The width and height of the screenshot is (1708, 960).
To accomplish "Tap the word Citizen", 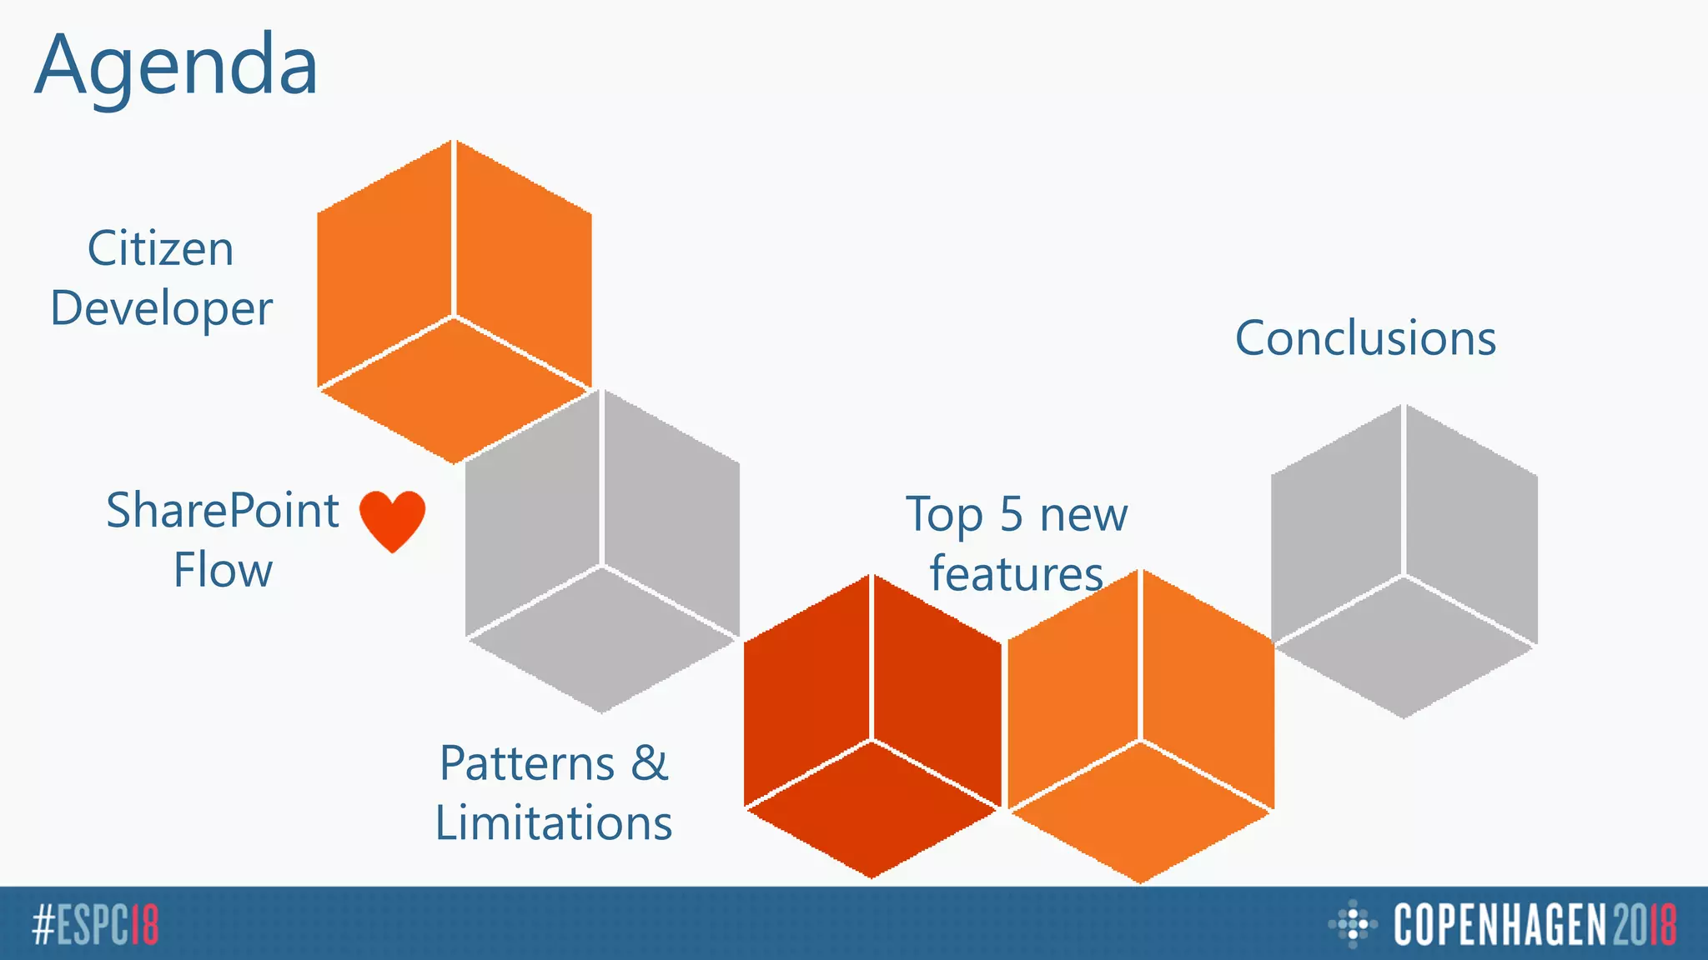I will point(161,249).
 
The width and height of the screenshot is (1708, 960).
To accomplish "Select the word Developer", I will point(162,309).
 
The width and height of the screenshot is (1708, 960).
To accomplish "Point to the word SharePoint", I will point(223,511).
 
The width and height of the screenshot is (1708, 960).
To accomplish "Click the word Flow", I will point(223,571).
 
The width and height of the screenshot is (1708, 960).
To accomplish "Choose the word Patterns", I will point(527,764).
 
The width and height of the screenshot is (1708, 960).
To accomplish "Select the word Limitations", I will point(554,823).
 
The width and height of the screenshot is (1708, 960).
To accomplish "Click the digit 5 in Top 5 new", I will point(1011,514).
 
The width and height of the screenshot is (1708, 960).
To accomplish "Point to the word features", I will point(1017,574).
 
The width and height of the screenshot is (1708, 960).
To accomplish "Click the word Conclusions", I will point(1365,338).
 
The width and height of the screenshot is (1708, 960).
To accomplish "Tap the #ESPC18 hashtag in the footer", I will point(95,924).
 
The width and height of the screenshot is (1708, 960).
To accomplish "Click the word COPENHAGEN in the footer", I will point(1500,924).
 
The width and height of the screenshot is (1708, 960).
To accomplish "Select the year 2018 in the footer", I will point(1644,924).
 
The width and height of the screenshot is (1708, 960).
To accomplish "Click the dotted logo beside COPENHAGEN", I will point(1352,924).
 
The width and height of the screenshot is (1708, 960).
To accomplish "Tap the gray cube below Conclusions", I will point(1404,561).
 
